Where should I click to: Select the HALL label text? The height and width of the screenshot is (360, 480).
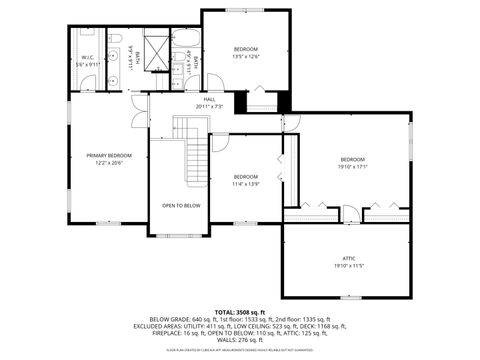209,99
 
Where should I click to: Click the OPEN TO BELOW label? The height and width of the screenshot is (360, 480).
181,205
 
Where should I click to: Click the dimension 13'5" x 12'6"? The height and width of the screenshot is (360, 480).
246,57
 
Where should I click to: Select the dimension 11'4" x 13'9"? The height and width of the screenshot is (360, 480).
246,184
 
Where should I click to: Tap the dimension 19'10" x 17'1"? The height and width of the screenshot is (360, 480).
352,168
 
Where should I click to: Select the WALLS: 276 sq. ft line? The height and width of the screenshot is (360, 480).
239,340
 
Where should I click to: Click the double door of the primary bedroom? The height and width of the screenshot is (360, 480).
138,111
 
